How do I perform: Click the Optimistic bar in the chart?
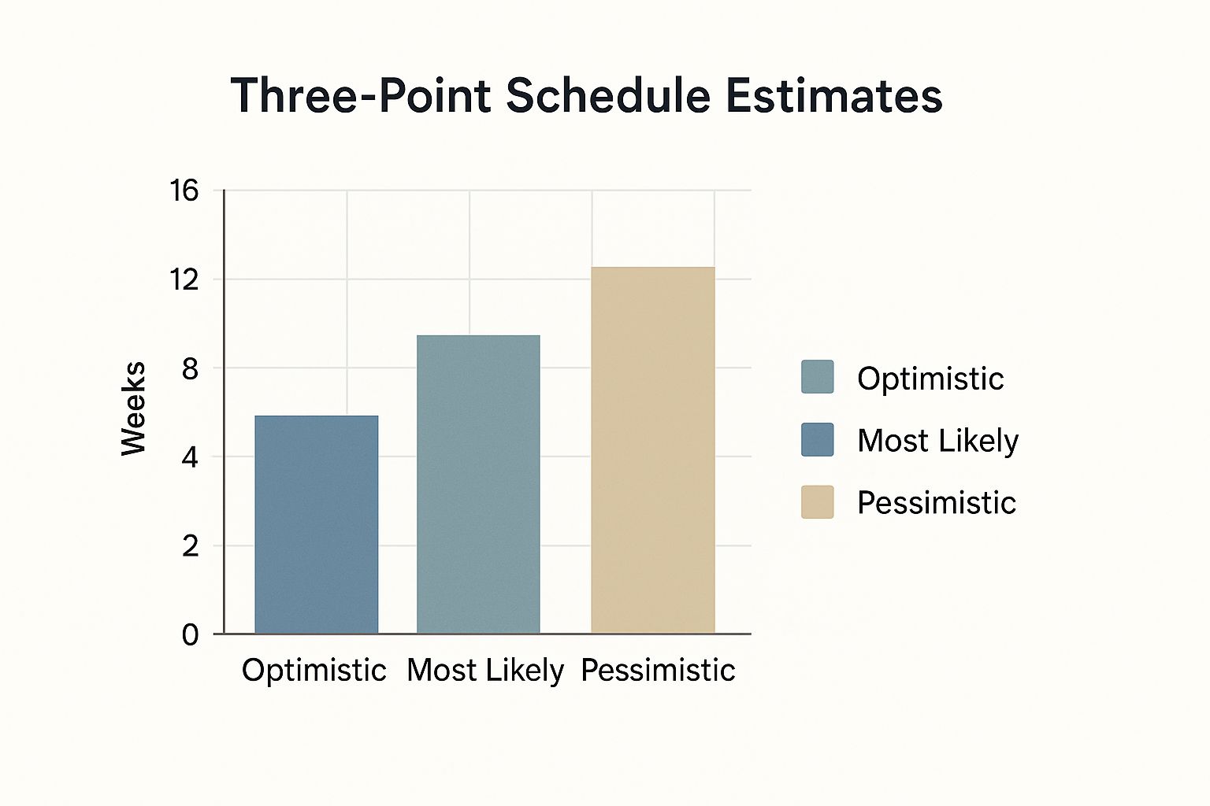coord(316,524)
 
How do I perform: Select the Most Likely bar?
coord(478,484)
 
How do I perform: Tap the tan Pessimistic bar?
coord(652,450)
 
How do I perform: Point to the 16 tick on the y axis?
coord(184,190)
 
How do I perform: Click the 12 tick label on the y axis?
coord(184,279)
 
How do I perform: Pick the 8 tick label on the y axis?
coord(190,368)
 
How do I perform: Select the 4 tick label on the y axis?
coord(190,457)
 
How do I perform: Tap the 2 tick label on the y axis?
coord(190,545)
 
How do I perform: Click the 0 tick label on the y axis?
coord(190,634)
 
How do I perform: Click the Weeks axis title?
coord(134,408)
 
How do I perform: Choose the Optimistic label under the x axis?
coord(314,671)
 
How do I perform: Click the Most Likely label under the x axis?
coord(485,671)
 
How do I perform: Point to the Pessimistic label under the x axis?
coord(658,671)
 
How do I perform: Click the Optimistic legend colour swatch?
coord(817,377)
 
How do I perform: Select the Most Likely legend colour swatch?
coord(817,439)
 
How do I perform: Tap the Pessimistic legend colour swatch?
coord(817,502)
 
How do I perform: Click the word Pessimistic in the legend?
coord(937,503)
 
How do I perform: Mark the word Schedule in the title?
coord(609,96)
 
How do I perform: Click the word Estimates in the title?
coord(833,96)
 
